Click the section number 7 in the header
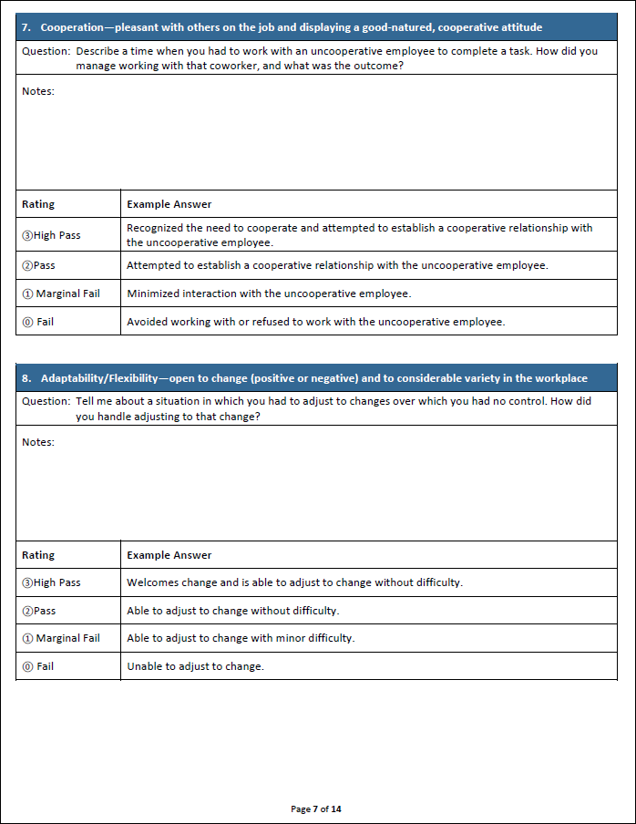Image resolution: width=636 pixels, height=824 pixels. pyautogui.click(x=26, y=27)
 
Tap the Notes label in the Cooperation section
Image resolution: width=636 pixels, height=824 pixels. pyautogui.click(x=38, y=91)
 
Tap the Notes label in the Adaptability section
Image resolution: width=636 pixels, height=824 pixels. pyautogui.click(x=38, y=442)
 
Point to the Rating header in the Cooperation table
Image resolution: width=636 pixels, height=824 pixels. pyautogui.click(x=38, y=204)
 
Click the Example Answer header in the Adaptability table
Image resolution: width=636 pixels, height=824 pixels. pyautogui.click(x=169, y=555)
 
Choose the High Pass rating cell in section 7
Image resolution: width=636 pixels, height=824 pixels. pyautogui.click(x=51, y=235)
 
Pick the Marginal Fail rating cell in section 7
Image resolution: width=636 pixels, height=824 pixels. pyautogui.click(x=61, y=294)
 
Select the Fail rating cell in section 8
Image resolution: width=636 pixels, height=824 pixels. pyautogui.click(x=38, y=666)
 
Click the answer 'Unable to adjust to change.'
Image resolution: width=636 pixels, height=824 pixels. pyautogui.click(x=195, y=666)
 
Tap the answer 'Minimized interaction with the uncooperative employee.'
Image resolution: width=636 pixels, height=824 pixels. pyautogui.click(x=269, y=294)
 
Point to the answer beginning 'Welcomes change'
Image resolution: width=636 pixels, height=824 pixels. pyautogui.click(x=294, y=582)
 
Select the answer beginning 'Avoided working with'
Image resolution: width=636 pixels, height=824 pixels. pyautogui.click(x=315, y=322)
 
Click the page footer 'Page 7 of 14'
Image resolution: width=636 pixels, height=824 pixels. pyautogui.click(x=316, y=809)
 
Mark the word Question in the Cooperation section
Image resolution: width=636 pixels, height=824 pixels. pyautogui.click(x=45, y=51)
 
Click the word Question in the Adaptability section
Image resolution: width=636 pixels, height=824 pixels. pyautogui.click(x=45, y=402)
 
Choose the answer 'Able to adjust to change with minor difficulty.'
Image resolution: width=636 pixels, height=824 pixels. pyautogui.click(x=241, y=638)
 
